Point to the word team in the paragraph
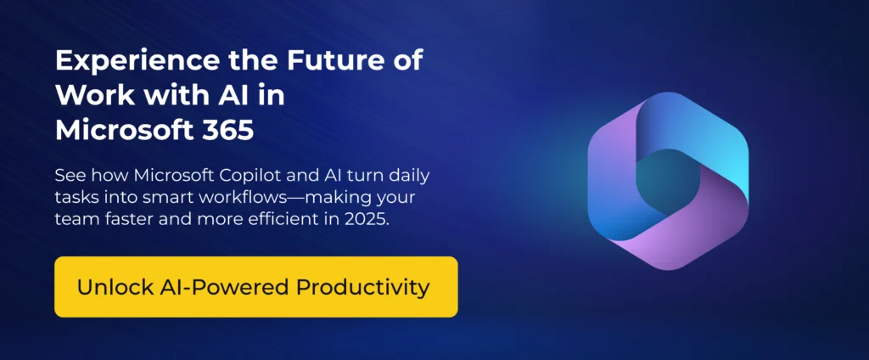(75, 221)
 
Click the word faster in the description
(125, 221)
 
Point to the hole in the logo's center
(668, 179)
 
